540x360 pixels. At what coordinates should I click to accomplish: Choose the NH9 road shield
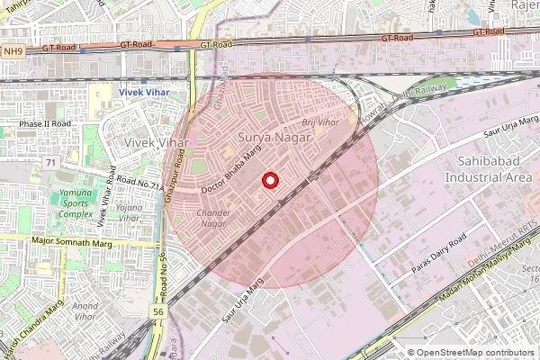tap(12, 51)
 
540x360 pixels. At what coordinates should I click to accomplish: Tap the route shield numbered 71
tap(50, 163)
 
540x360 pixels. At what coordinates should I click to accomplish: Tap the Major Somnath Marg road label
tap(67, 240)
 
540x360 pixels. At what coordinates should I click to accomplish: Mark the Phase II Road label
tap(45, 123)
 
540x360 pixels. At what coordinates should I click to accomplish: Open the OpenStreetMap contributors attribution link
tap(477, 353)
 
